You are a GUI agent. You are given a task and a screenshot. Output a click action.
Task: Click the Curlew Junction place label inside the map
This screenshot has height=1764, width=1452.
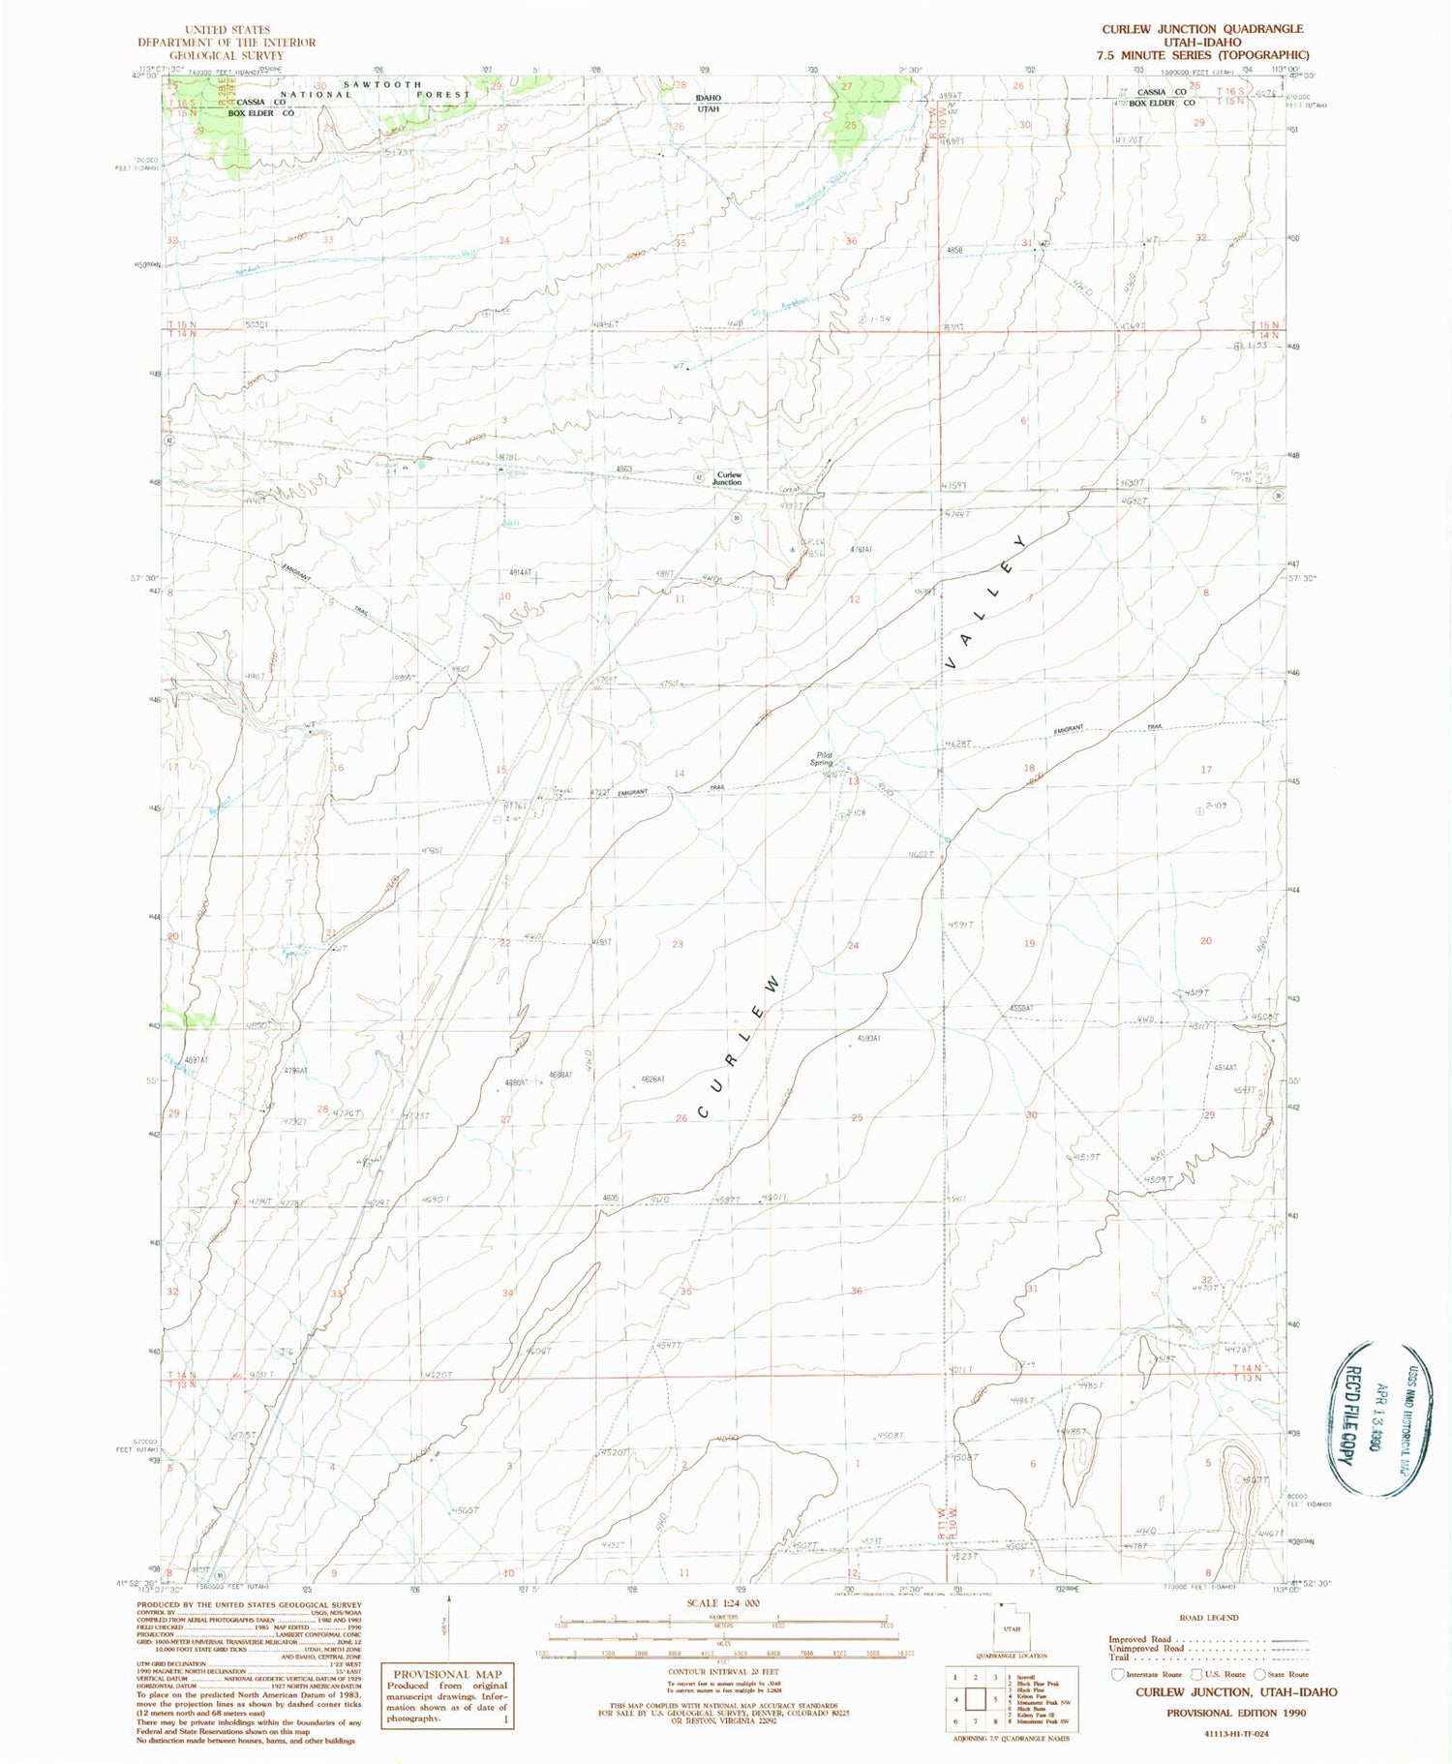point(727,478)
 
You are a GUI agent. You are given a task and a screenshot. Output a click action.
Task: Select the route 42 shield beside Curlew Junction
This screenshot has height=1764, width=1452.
point(699,477)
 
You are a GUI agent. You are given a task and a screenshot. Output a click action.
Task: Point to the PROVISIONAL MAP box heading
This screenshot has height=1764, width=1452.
point(447,1673)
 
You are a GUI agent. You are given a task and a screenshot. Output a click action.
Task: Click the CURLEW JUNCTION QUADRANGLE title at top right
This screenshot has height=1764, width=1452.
point(1202,29)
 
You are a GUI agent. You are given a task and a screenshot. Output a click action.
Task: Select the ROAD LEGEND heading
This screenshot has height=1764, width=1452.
point(1208,1617)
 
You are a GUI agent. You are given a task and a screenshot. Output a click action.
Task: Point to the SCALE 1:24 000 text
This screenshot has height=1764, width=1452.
point(722,1603)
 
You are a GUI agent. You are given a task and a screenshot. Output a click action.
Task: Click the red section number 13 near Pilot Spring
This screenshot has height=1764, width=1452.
point(853,781)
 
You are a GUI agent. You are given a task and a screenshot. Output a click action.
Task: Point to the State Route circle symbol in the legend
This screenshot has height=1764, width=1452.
point(1259,1674)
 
